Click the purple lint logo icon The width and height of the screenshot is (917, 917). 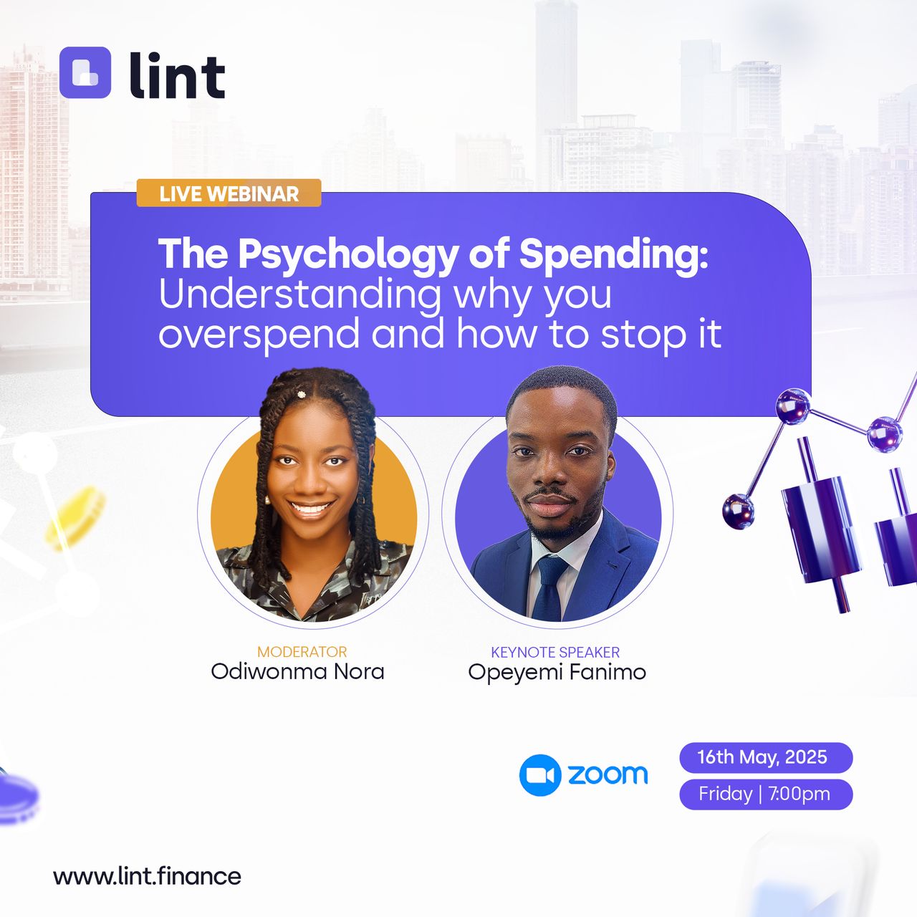85,72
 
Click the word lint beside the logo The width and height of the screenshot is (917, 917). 177,75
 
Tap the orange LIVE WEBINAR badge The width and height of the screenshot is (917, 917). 229,193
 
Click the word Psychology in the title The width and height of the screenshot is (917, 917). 347,256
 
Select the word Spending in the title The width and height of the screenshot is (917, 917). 613,256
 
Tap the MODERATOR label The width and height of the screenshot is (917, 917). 302,651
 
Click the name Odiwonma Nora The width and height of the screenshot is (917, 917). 297,672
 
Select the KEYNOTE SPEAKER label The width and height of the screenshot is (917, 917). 555,652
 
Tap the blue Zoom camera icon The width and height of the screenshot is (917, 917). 540,775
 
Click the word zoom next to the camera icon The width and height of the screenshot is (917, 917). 608,774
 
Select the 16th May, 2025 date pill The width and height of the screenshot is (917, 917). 766,757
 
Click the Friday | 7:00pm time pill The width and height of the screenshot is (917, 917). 766,794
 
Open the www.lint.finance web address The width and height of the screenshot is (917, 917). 147,877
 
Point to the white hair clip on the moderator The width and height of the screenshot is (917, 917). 301,394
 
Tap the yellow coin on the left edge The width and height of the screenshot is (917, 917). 76,518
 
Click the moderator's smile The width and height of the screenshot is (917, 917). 311,509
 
